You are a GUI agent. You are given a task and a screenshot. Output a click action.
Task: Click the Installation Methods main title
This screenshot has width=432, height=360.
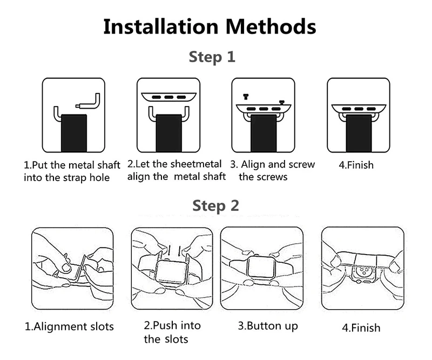210,26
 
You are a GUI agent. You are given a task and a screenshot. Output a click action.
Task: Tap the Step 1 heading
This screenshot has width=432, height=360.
212,57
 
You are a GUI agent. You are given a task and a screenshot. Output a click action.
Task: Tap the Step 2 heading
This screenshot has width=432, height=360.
215,206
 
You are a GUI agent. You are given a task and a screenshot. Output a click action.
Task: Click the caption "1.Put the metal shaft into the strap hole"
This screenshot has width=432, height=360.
72,171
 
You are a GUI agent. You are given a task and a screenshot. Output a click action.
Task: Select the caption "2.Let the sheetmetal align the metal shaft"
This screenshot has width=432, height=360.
177,170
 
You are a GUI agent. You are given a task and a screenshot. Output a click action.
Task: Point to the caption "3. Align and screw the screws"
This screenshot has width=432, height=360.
273,170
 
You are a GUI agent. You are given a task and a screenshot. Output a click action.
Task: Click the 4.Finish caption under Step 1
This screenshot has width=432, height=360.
356,165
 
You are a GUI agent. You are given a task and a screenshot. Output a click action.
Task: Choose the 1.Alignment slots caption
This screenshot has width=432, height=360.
69,326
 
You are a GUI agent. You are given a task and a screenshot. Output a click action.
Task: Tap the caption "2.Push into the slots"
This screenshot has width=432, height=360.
172,332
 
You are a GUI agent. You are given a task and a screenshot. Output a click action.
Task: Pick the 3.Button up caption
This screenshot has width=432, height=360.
268,326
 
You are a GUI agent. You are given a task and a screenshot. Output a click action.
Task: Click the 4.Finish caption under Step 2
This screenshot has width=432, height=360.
361,328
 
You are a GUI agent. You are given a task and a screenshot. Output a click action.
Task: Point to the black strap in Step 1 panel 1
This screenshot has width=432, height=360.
74,133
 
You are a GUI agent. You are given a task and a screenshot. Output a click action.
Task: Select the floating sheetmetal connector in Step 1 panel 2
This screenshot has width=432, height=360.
168,97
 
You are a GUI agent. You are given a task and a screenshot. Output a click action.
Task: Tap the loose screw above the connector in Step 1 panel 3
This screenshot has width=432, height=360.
246,96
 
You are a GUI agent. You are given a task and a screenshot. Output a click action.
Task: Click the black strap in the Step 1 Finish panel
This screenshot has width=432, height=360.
359,134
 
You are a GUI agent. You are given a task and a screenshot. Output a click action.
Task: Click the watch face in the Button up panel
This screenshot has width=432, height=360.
261,267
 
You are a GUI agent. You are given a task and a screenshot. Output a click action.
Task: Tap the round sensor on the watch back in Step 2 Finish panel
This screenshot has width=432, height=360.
363,271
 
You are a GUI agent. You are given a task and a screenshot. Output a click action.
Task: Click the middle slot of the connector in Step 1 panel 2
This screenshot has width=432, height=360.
169,97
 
